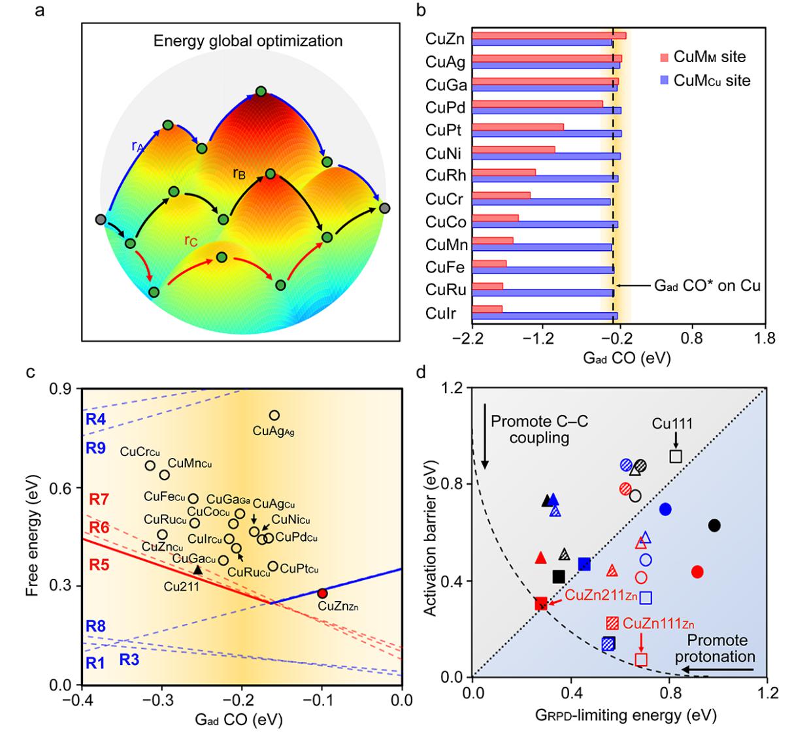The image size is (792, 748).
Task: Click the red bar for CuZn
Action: [549, 35]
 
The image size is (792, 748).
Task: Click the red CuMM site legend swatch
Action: [664, 57]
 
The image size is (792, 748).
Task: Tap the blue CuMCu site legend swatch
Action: [664, 81]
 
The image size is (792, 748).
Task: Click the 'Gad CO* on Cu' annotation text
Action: [707, 286]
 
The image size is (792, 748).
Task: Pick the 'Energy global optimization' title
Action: [248, 41]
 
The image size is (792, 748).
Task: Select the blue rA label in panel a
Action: [138, 146]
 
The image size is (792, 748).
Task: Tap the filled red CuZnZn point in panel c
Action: [322, 593]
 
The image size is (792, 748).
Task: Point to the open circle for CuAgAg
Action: [274, 415]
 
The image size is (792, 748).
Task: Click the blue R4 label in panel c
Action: [95, 419]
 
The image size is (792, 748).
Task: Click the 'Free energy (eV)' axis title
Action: [32, 536]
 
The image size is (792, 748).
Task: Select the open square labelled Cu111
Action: [676, 456]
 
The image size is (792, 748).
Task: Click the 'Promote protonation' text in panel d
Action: [716, 649]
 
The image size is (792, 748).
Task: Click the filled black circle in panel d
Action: [714, 525]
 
